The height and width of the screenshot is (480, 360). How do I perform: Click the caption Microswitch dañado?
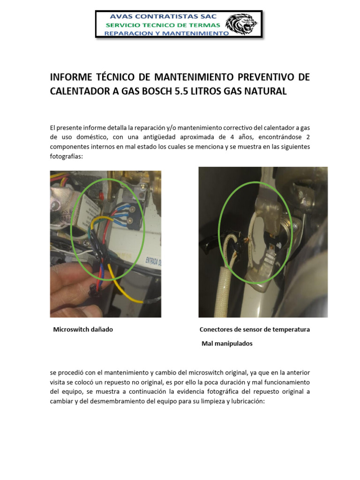[x=83, y=330]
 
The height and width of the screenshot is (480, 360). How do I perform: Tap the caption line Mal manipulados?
[x=227, y=344]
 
